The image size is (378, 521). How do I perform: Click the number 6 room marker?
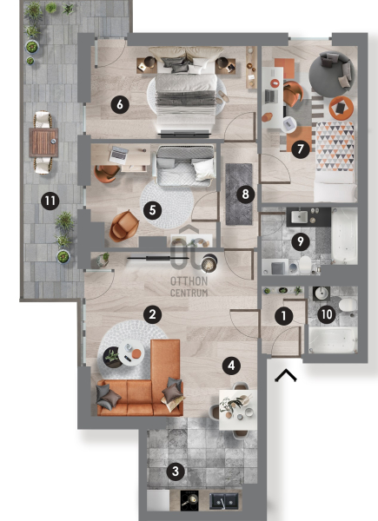point(120,104)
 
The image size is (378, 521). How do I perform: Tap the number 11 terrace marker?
point(50,201)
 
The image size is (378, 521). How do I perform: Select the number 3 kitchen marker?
point(176,471)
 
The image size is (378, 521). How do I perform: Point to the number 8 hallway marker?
point(245,194)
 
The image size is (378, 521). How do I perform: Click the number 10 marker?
point(327,313)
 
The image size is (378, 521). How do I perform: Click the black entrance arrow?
point(286,375)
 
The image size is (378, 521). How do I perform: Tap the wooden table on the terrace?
point(43,142)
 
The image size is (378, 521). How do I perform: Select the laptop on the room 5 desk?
point(119,155)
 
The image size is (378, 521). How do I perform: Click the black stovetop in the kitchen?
point(189,500)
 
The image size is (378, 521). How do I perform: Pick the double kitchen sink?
point(223,501)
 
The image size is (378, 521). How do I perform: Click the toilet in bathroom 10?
point(348,305)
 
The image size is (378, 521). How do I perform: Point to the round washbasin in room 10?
point(322,293)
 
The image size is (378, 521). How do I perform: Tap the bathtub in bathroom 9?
point(344,236)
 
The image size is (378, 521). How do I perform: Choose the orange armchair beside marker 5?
point(124,225)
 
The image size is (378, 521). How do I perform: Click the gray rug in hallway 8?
point(239,194)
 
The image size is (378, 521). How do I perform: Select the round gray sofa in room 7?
point(330,74)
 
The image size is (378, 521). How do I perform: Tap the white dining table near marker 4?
point(238,409)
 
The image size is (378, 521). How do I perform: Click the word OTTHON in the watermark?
point(189,281)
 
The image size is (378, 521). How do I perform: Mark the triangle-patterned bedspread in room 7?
point(335,146)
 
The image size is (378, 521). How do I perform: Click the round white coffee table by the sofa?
point(131,353)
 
